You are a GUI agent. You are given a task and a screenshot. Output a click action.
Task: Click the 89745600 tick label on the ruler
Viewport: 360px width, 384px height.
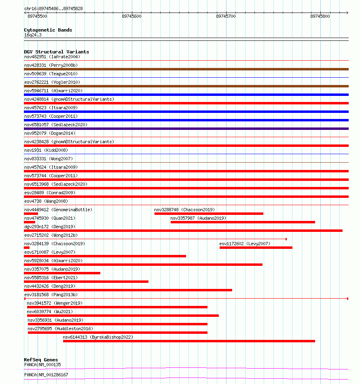tap(131, 16)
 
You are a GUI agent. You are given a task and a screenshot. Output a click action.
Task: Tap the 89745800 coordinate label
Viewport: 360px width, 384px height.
tap(320, 16)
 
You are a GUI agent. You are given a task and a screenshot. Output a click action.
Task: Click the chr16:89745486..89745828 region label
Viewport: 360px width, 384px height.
tap(53, 8)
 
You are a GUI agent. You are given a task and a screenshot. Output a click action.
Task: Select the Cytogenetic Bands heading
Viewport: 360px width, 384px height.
tap(48, 30)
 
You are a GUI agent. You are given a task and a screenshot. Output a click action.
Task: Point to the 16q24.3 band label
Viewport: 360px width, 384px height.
tap(33, 35)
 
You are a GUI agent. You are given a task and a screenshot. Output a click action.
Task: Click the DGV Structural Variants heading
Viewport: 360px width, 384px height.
tap(56, 52)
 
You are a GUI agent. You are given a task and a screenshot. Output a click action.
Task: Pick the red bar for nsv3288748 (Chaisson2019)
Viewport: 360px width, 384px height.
tap(209, 214)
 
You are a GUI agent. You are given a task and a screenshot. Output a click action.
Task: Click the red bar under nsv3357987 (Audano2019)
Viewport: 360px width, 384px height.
tap(243, 222)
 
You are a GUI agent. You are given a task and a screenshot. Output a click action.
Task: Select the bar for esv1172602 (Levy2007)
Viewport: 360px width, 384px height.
tap(256, 248)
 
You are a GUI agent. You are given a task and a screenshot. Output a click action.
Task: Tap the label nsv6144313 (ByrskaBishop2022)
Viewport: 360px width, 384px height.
tap(98, 337)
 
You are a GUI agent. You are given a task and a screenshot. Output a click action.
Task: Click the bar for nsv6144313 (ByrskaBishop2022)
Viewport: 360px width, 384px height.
tap(189, 341)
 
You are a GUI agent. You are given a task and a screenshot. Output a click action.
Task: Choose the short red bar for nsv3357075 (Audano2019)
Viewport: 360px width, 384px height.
tap(62, 273)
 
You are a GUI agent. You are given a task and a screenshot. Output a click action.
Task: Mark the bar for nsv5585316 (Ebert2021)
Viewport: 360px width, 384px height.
tap(86, 282)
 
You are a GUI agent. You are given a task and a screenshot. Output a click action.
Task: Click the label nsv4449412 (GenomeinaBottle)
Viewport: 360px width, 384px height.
tap(58, 210)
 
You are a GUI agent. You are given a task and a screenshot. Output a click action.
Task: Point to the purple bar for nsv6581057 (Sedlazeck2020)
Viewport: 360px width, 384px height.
tap(186, 129)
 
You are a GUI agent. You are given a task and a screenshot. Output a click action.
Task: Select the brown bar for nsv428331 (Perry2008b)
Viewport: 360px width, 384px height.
tap(186, 69)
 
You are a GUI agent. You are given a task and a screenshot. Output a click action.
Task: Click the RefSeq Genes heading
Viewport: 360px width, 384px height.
tap(41, 360)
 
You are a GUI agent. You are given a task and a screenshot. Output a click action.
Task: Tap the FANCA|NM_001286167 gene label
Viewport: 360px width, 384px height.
tap(46, 375)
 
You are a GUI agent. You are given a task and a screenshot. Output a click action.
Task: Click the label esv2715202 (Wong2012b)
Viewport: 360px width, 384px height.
tap(51, 235)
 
